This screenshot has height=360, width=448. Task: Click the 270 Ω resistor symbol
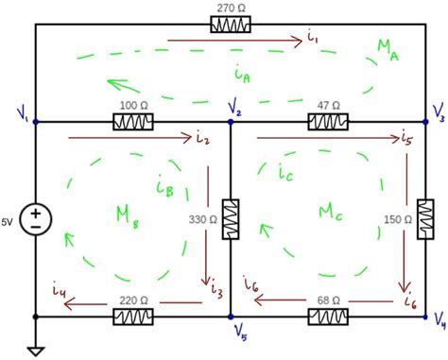pyautogui.click(x=231, y=23)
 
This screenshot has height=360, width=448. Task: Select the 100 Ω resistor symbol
pyautogui.click(x=133, y=122)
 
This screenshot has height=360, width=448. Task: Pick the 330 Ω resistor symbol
pyautogui.click(x=231, y=218)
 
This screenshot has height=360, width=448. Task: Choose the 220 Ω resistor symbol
pyautogui.click(x=133, y=316)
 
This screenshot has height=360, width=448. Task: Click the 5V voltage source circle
pyautogui.click(x=36, y=218)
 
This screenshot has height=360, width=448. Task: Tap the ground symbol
pyautogui.click(x=36, y=351)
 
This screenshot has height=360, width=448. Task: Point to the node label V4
pyautogui.click(x=439, y=328)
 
